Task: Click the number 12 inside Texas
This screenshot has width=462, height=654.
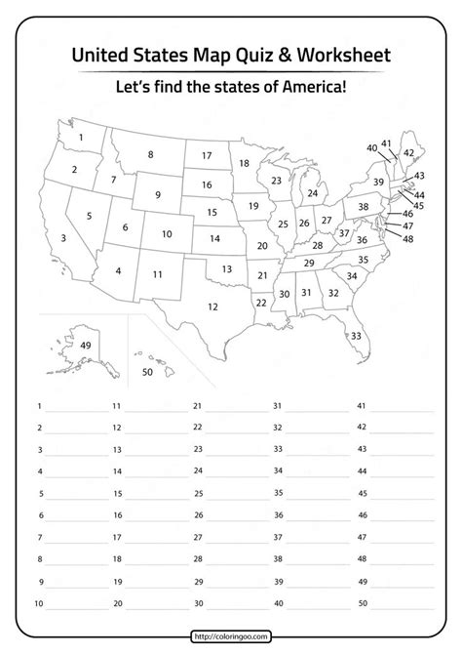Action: coord(212,306)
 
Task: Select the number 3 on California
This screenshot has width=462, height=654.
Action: coord(64,237)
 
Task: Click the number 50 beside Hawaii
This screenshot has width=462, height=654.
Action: coord(148,372)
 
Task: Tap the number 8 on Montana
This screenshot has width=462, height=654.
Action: coord(150,154)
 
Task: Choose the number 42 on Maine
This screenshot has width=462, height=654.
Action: coord(408,153)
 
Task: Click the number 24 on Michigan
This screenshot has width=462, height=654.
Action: coord(312,193)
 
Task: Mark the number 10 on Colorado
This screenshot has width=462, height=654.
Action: coord(167,234)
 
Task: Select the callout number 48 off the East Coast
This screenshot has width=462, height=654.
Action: coord(407,239)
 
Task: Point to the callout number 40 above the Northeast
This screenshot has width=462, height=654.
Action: coord(372,147)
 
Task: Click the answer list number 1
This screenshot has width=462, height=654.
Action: coord(39,404)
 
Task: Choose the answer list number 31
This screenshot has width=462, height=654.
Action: coord(277,405)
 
